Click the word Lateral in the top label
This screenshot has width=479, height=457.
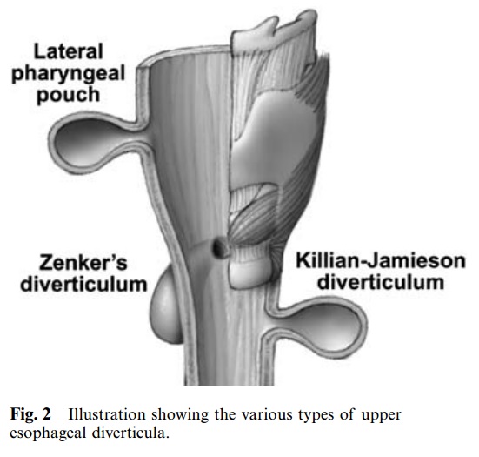point(68,51)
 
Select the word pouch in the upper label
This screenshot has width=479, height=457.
point(69,95)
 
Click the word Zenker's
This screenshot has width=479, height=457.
point(83,263)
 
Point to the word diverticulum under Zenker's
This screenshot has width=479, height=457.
point(83,284)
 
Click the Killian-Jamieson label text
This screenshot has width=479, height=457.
point(381,260)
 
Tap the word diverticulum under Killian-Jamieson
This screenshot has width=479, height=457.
point(381,282)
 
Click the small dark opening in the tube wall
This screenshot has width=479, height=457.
point(219,247)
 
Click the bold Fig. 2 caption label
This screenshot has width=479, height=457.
point(30,415)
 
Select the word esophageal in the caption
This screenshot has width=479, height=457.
point(47,434)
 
